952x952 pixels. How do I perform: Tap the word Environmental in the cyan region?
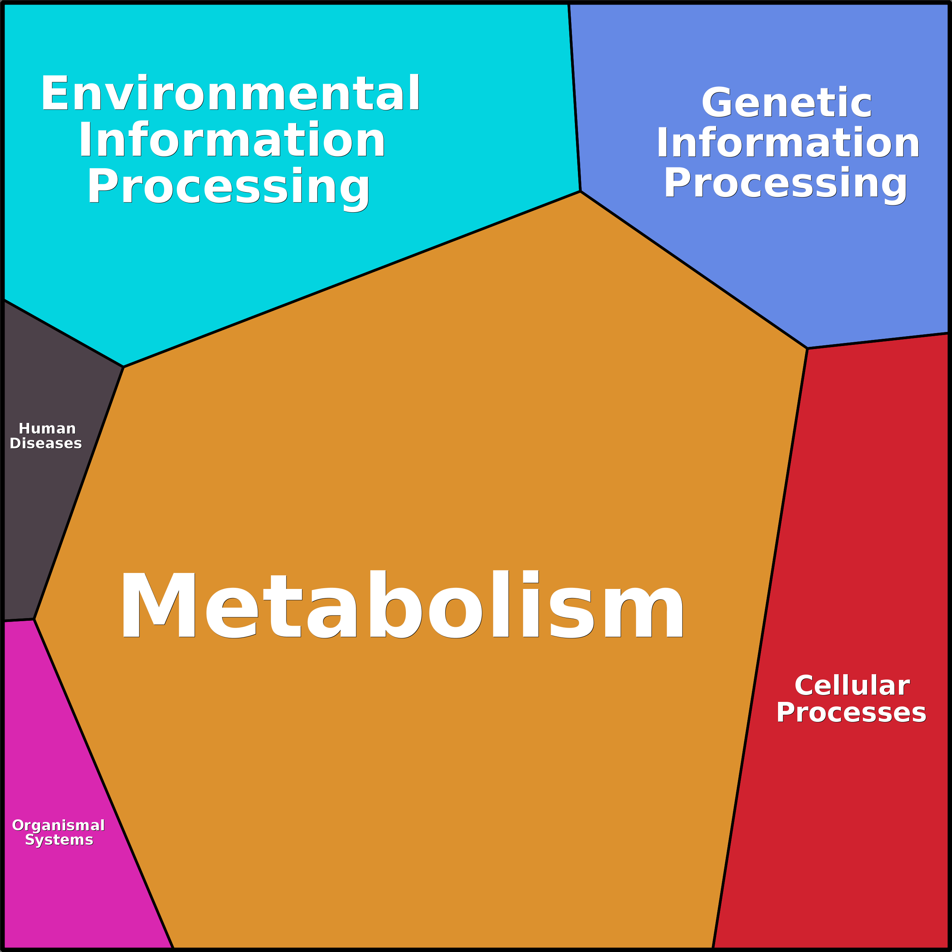[230, 93]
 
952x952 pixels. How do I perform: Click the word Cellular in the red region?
[852, 686]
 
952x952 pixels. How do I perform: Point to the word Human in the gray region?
[47, 428]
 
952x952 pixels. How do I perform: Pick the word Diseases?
[46, 443]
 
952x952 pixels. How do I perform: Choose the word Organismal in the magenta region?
[58, 825]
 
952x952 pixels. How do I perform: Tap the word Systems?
[59, 840]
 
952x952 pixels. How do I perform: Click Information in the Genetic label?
[788, 142]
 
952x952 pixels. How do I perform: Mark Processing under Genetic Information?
[786, 183]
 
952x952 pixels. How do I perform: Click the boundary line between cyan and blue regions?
[575, 97]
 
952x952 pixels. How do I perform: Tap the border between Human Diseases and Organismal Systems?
[19, 620]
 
